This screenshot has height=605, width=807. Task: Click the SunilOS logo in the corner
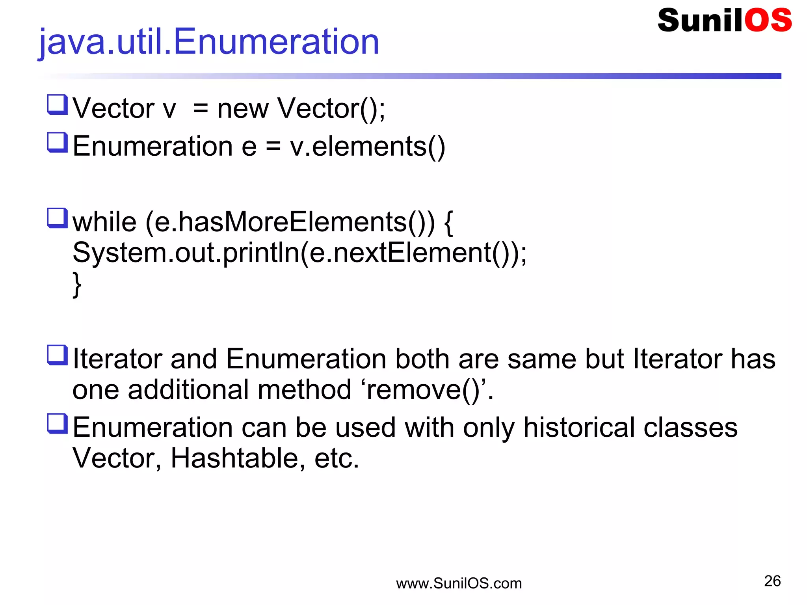point(724,20)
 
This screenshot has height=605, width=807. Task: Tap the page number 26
point(772,581)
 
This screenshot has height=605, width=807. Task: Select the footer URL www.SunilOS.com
point(459,583)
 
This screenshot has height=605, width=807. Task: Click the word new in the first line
point(243,108)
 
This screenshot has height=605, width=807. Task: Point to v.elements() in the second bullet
point(367,146)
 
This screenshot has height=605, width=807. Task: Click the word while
point(104,222)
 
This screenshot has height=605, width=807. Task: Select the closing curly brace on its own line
point(77,284)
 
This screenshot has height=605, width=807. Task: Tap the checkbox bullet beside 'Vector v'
point(58,104)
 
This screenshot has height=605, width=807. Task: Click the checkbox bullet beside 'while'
point(58,218)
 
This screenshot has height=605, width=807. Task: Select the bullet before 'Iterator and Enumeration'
point(58,355)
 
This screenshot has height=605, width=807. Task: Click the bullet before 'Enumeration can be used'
point(58,424)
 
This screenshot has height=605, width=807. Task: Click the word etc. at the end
point(337,458)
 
